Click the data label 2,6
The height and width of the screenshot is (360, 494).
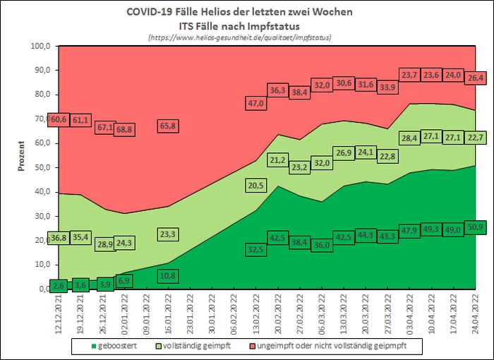click(59, 284)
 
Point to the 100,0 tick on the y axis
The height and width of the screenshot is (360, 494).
click(41, 47)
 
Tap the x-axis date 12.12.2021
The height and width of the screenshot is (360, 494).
click(59, 315)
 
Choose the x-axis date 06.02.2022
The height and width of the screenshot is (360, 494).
click(233, 315)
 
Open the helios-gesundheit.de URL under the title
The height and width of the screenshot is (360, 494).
click(240, 37)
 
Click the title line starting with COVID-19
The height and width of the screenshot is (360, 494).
click(240, 13)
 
